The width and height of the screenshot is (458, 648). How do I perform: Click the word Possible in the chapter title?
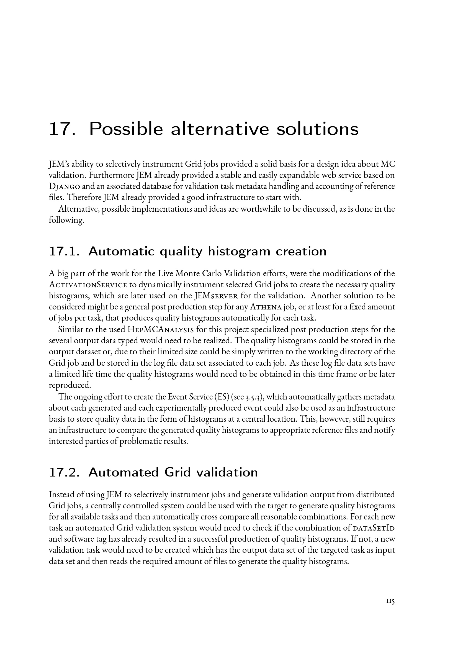pyautogui.click(x=126, y=129)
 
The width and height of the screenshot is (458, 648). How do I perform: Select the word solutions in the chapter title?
pyautogui.click(x=318, y=129)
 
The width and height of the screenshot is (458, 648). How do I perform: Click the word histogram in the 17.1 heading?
pyautogui.click(x=239, y=252)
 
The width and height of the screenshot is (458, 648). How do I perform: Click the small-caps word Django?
pyautogui.click(x=65, y=186)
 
